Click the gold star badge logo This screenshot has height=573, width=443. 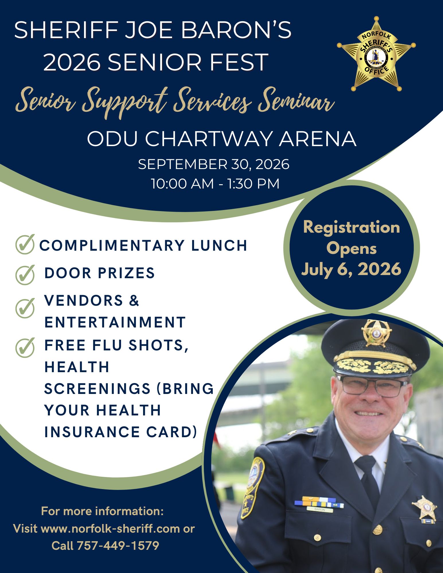[376, 54]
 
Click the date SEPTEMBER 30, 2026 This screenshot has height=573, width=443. [214, 164]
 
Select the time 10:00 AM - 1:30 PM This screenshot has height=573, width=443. [215, 184]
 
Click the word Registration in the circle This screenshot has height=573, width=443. [352, 227]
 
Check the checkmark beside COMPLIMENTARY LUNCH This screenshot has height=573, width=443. [25, 244]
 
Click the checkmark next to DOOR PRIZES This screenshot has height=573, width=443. [25, 274]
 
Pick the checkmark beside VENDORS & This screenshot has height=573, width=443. [25, 308]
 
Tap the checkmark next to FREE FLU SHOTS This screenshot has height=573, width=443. [25, 347]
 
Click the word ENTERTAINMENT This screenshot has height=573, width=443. [115, 322]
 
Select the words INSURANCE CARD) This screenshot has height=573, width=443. [121, 432]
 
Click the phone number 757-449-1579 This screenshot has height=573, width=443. [118, 546]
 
